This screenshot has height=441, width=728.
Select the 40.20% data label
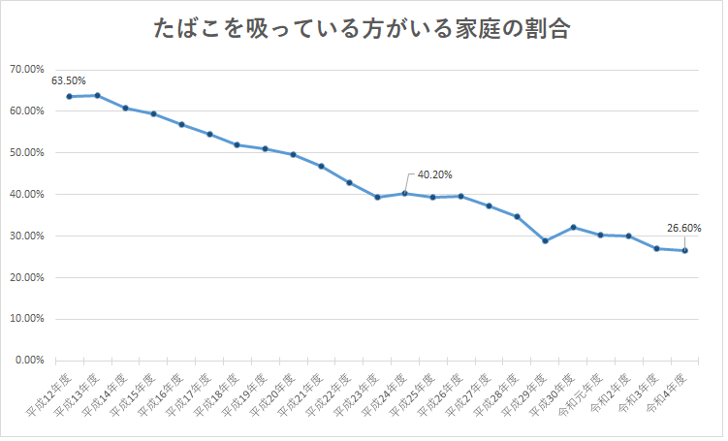pyautogui.click(x=434, y=174)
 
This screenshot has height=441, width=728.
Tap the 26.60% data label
pyautogui.click(x=684, y=229)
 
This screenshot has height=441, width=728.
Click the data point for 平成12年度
pyautogui.click(x=69, y=97)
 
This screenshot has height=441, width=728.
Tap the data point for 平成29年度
pyautogui.click(x=546, y=240)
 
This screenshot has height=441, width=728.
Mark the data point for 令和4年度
pyautogui.click(x=685, y=251)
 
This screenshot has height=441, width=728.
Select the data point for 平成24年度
pyautogui.click(x=405, y=193)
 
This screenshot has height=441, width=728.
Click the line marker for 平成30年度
pyautogui.click(x=574, y=227)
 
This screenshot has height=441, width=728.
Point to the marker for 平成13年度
pyautogui.click(x=97, y=96)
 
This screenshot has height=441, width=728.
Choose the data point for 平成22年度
pyautogui.click(x=349, y=182)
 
